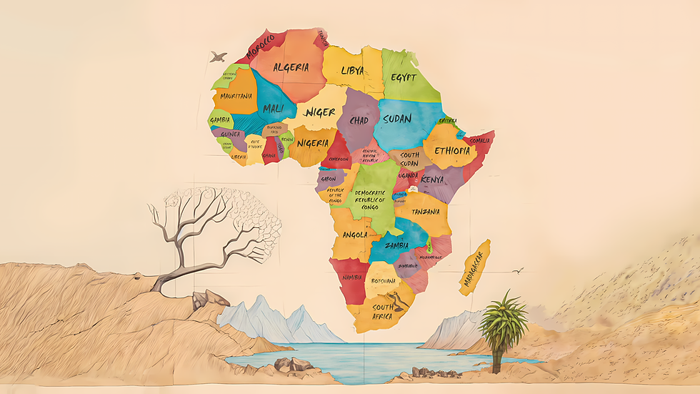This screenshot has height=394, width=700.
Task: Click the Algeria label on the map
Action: (291, 67)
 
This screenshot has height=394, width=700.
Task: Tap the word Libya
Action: (352, 71)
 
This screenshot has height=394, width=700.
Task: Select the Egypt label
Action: (404, 77)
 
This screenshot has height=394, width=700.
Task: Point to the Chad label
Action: (359, 120)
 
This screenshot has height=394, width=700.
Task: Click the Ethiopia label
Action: (451, 151)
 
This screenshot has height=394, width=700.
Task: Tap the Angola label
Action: (354, 235)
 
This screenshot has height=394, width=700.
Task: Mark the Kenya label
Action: (432, 179)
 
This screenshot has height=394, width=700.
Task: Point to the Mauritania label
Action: (236, 96)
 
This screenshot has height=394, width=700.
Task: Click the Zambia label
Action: (396, 245)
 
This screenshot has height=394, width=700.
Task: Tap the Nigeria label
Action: (312, 141)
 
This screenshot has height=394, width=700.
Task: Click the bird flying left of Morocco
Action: (219, 57)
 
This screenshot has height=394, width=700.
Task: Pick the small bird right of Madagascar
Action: (517, 271)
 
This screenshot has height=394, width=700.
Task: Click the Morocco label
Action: (260, 46)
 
